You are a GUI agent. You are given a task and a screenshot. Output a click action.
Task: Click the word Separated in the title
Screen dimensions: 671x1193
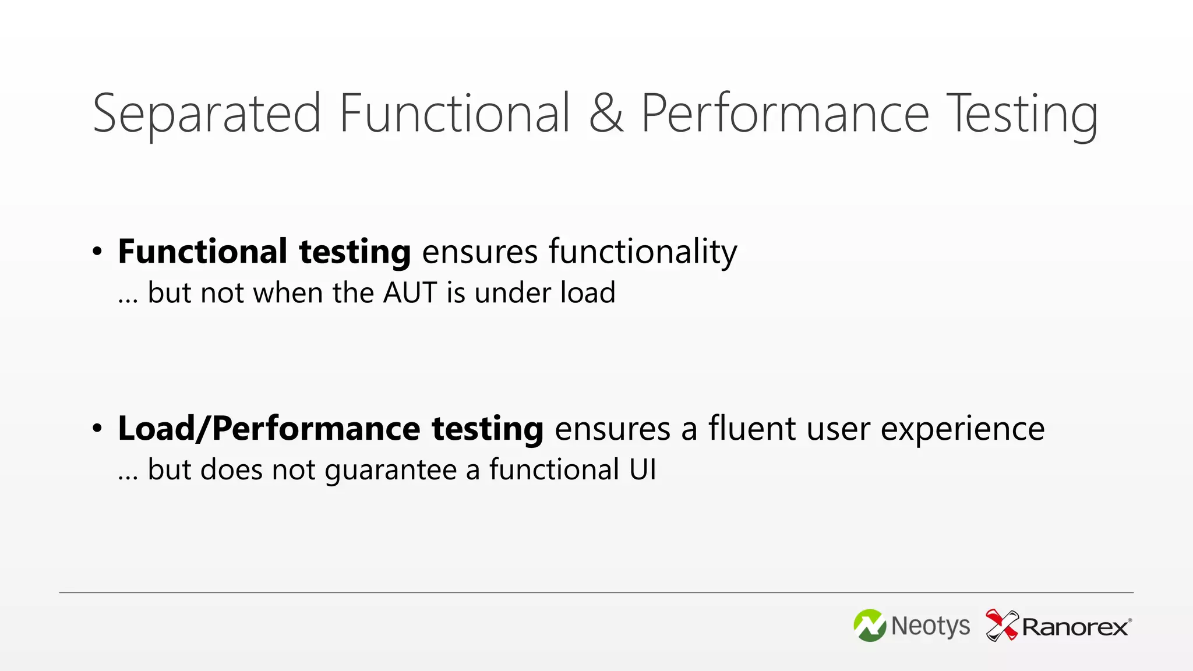click(207, 114)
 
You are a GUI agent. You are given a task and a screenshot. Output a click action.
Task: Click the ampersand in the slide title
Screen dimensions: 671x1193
click(606, 113)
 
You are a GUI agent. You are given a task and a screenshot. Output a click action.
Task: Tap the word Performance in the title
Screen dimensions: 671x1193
click(785, 113)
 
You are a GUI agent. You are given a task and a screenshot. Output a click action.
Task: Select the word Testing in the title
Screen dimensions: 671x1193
click(1022, 114)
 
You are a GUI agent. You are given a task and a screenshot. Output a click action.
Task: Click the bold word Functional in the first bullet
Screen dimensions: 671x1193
click(203, 252)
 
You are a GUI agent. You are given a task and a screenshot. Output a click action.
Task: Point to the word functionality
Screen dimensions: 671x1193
click(643, 253)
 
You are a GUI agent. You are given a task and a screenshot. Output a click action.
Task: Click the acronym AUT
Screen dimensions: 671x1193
click(410, 292)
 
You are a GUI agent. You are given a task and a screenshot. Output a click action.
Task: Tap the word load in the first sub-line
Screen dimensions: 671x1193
click(588, 292)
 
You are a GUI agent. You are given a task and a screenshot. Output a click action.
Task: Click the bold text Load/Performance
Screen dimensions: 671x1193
click(269, 429)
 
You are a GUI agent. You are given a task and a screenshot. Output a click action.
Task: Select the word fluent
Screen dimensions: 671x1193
click(752, 429)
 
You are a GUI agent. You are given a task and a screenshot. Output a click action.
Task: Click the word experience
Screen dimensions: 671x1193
click(962, 430)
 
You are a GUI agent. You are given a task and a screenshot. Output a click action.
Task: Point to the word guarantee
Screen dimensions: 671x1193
click(391, 470)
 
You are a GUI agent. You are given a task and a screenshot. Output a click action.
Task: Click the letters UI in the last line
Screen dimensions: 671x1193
click(643, 469)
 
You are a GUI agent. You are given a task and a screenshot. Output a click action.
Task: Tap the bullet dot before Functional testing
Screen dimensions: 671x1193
click(97, 252)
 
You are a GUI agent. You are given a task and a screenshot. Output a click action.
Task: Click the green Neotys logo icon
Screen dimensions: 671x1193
click(870, 626)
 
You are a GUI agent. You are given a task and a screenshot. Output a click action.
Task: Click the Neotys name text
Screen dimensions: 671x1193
click(930, 627)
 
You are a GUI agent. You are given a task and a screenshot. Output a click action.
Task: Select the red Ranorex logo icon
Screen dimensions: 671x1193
click(1001, 625)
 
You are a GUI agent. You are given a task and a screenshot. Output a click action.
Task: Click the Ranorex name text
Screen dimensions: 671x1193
click(1075, 627)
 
